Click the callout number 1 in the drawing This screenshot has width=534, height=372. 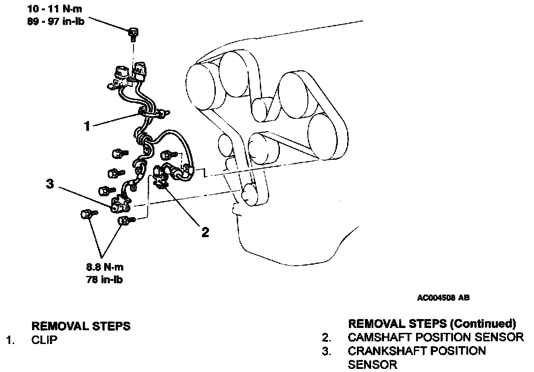pyautogui.click(x=87, y=126)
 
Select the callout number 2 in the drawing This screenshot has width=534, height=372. pyautogui.click(x=205, y=232)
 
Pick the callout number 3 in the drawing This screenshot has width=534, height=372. pyautogui.click(x=51, y=184)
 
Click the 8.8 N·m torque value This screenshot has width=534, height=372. pyautogui.click(x=105, y=268)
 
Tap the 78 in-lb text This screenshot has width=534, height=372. pyautogui.click(x=105, y=280)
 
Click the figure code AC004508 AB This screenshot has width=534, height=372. pyautogui.click(x=443, y=299)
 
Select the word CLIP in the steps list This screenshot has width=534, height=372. pyautogui.click(x=44, y=341)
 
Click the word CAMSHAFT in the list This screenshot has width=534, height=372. pyautogui.click(x=379, y=337)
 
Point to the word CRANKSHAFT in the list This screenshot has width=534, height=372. pyautogui.click(x=385, y=351)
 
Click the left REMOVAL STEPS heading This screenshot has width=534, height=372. pyautogui.click(x=81, y=326)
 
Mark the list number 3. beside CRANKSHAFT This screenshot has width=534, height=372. pyautogui.click(x=327, y=351)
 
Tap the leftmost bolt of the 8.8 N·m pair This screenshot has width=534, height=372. pyautogui.click(x=86, y=214)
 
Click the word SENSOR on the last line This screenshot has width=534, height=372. pyautogui.click(x=372, y=365)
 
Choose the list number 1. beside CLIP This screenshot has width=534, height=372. pyautogui.click(x=9, y=341)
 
